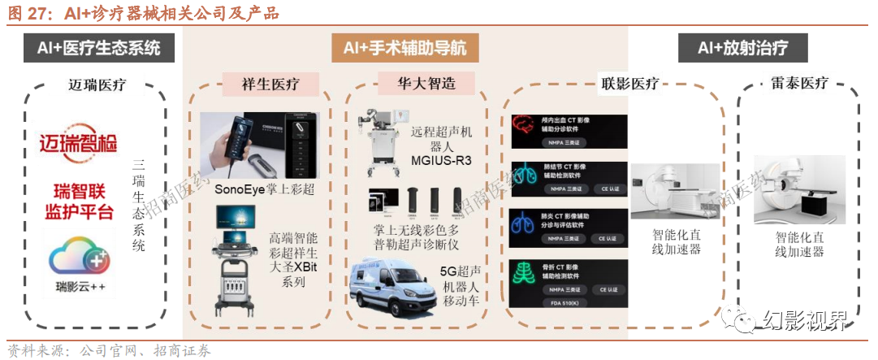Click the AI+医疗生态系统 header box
click(x=98, y=48)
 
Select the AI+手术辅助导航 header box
click(x=404, y=48)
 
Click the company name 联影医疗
click(x=629, y=84)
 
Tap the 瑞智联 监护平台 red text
click(x=79, y=203)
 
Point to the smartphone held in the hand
click(x=236, y=141)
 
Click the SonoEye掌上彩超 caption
click(x=264, y=189)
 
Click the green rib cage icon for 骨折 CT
click(x=523, y=276)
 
